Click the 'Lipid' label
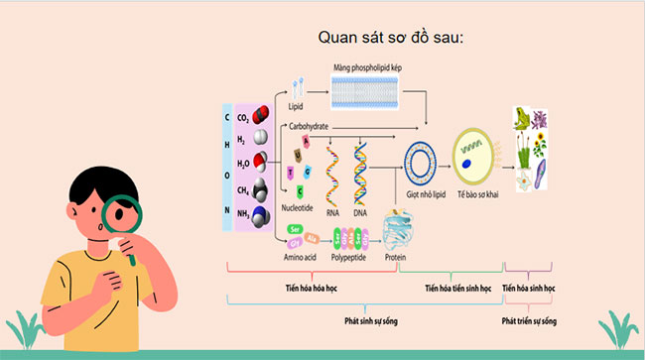click(296, 106)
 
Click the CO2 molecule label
click(244, 117)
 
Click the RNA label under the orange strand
click(333, 211)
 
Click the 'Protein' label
click(396, 256)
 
